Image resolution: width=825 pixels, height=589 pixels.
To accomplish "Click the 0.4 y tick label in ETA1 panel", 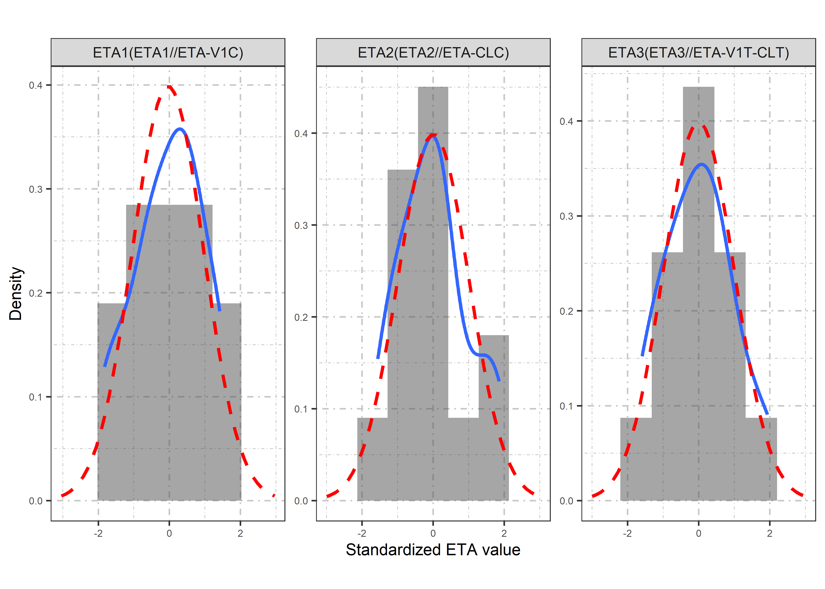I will point(36,86).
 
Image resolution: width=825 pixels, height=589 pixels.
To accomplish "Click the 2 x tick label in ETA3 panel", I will point(769,533).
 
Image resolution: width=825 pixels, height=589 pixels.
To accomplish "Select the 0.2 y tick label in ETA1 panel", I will point(36,293).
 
